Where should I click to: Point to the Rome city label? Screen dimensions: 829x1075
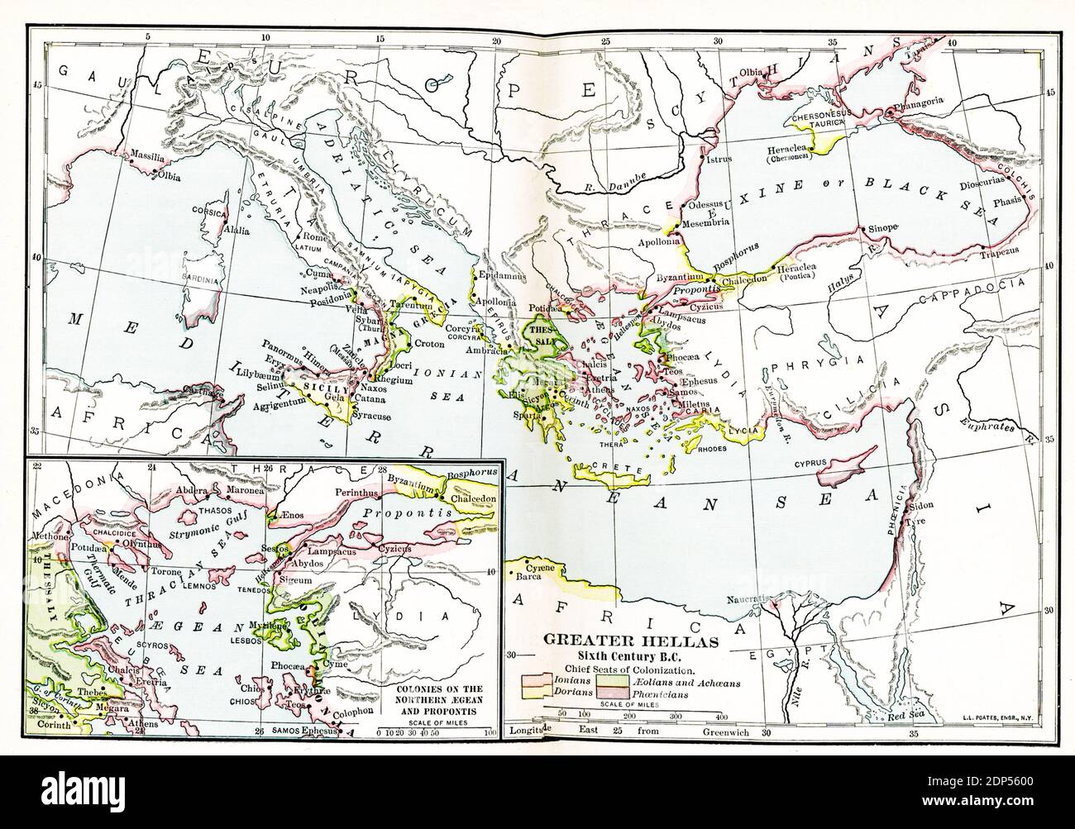316,238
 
